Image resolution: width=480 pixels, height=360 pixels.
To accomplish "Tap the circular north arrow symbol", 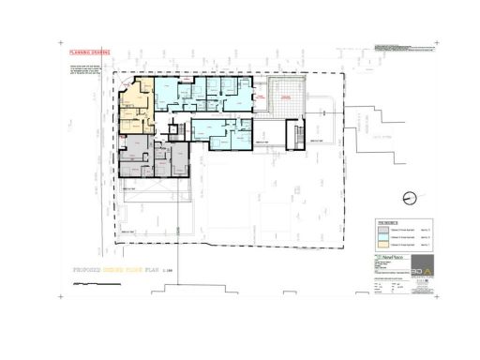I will click(410, 198).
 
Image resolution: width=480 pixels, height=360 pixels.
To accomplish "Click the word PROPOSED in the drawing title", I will click(93, 268).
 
